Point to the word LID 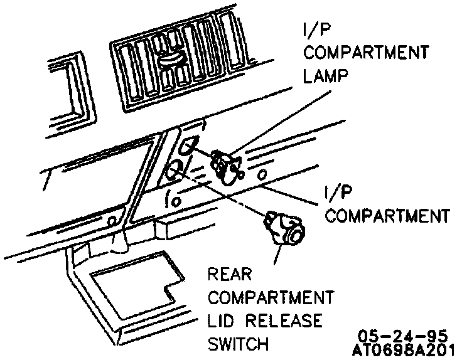pyautogui.click(x=223, y=320)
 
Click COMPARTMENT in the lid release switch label pyautogui.click(x=271, y=297)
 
